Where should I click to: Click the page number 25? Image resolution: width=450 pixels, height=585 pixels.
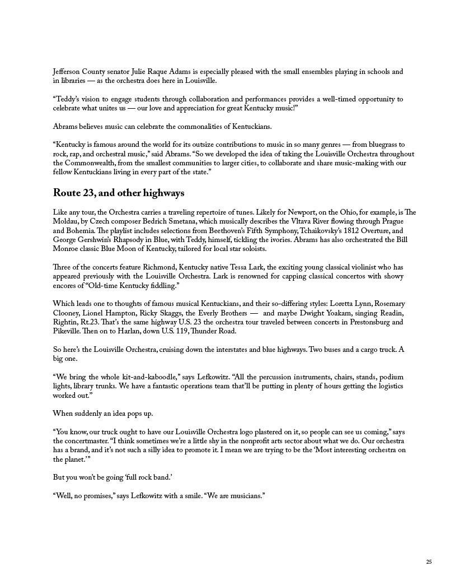click(429, 562)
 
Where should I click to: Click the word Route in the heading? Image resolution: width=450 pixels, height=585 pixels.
click(67, 193)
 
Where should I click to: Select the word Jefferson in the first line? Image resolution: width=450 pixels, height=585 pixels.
click(67, 72)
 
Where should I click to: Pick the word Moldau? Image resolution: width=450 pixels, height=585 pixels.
click(66, 221)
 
